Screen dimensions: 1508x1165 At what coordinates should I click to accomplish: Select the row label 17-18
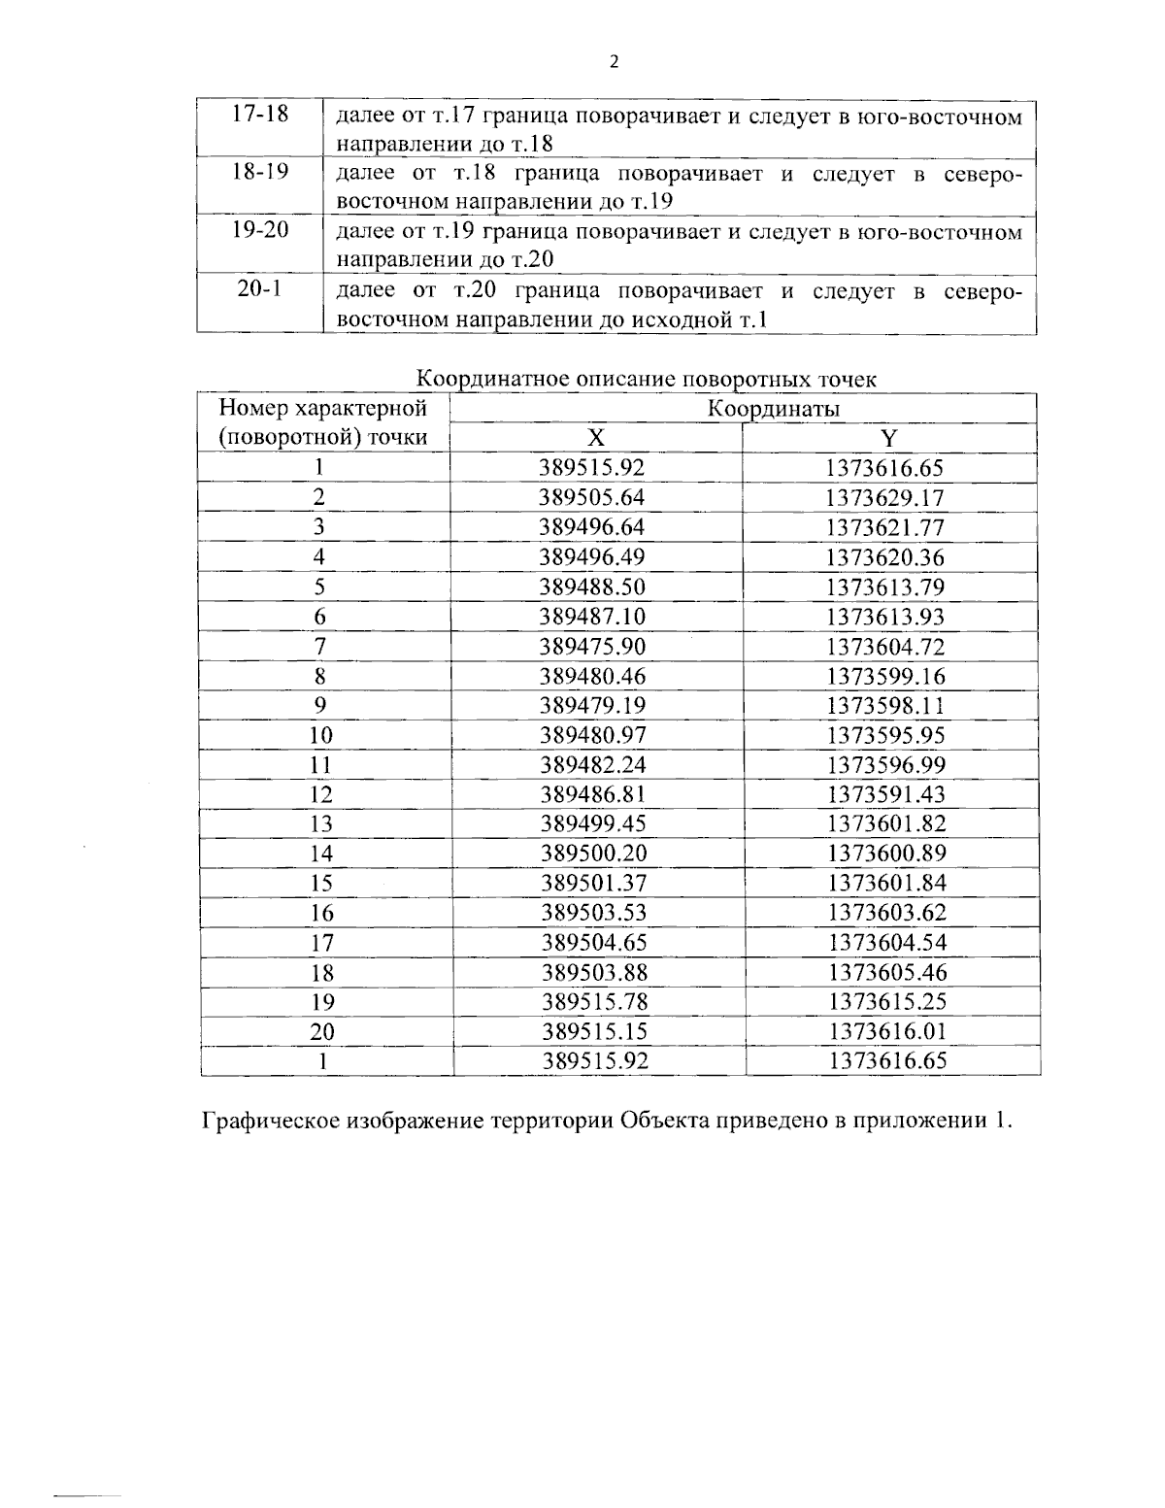260,114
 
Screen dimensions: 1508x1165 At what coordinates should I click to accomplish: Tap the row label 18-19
260,172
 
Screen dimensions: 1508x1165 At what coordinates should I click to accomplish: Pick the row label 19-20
260,231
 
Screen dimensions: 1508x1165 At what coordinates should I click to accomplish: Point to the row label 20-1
260,289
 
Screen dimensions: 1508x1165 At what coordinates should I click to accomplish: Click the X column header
596,437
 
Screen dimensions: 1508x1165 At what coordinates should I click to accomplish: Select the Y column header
888,438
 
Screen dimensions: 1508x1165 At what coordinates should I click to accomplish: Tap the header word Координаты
773,409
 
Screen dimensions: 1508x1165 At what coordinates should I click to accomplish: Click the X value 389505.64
592,498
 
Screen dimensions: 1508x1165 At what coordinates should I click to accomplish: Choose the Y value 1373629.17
885,499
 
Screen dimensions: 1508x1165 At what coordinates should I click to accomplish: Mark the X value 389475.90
592,647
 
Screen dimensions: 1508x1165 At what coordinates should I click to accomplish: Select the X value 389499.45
592,824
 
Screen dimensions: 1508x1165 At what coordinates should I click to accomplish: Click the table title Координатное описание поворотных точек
647,379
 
